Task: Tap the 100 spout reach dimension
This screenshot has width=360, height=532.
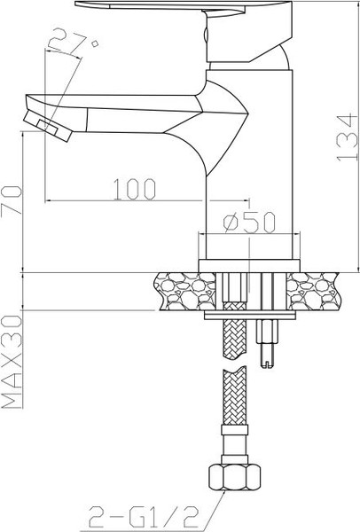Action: click(x=135, y=188)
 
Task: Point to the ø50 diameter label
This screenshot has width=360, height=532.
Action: click(x=248, y=223)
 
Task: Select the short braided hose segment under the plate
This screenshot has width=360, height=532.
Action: click(x=235, y=337)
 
